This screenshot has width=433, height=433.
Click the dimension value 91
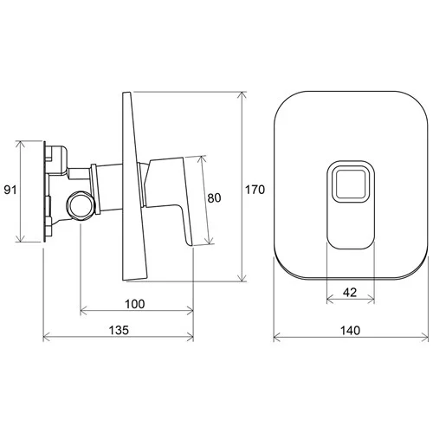click(10, 191)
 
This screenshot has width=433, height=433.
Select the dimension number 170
click(255, 190)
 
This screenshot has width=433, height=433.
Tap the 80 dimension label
click(214, 198)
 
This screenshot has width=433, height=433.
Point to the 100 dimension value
click(134, 304)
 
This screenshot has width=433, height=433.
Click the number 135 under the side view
click(119, 330)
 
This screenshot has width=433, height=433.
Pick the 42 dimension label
click(350, 293)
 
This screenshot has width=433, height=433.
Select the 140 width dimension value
click(350, 330)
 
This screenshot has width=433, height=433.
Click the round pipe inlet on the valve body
click(81, 205)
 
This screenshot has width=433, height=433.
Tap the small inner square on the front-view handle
click(351, 184)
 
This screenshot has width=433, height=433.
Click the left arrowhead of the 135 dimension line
click(46, 337)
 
